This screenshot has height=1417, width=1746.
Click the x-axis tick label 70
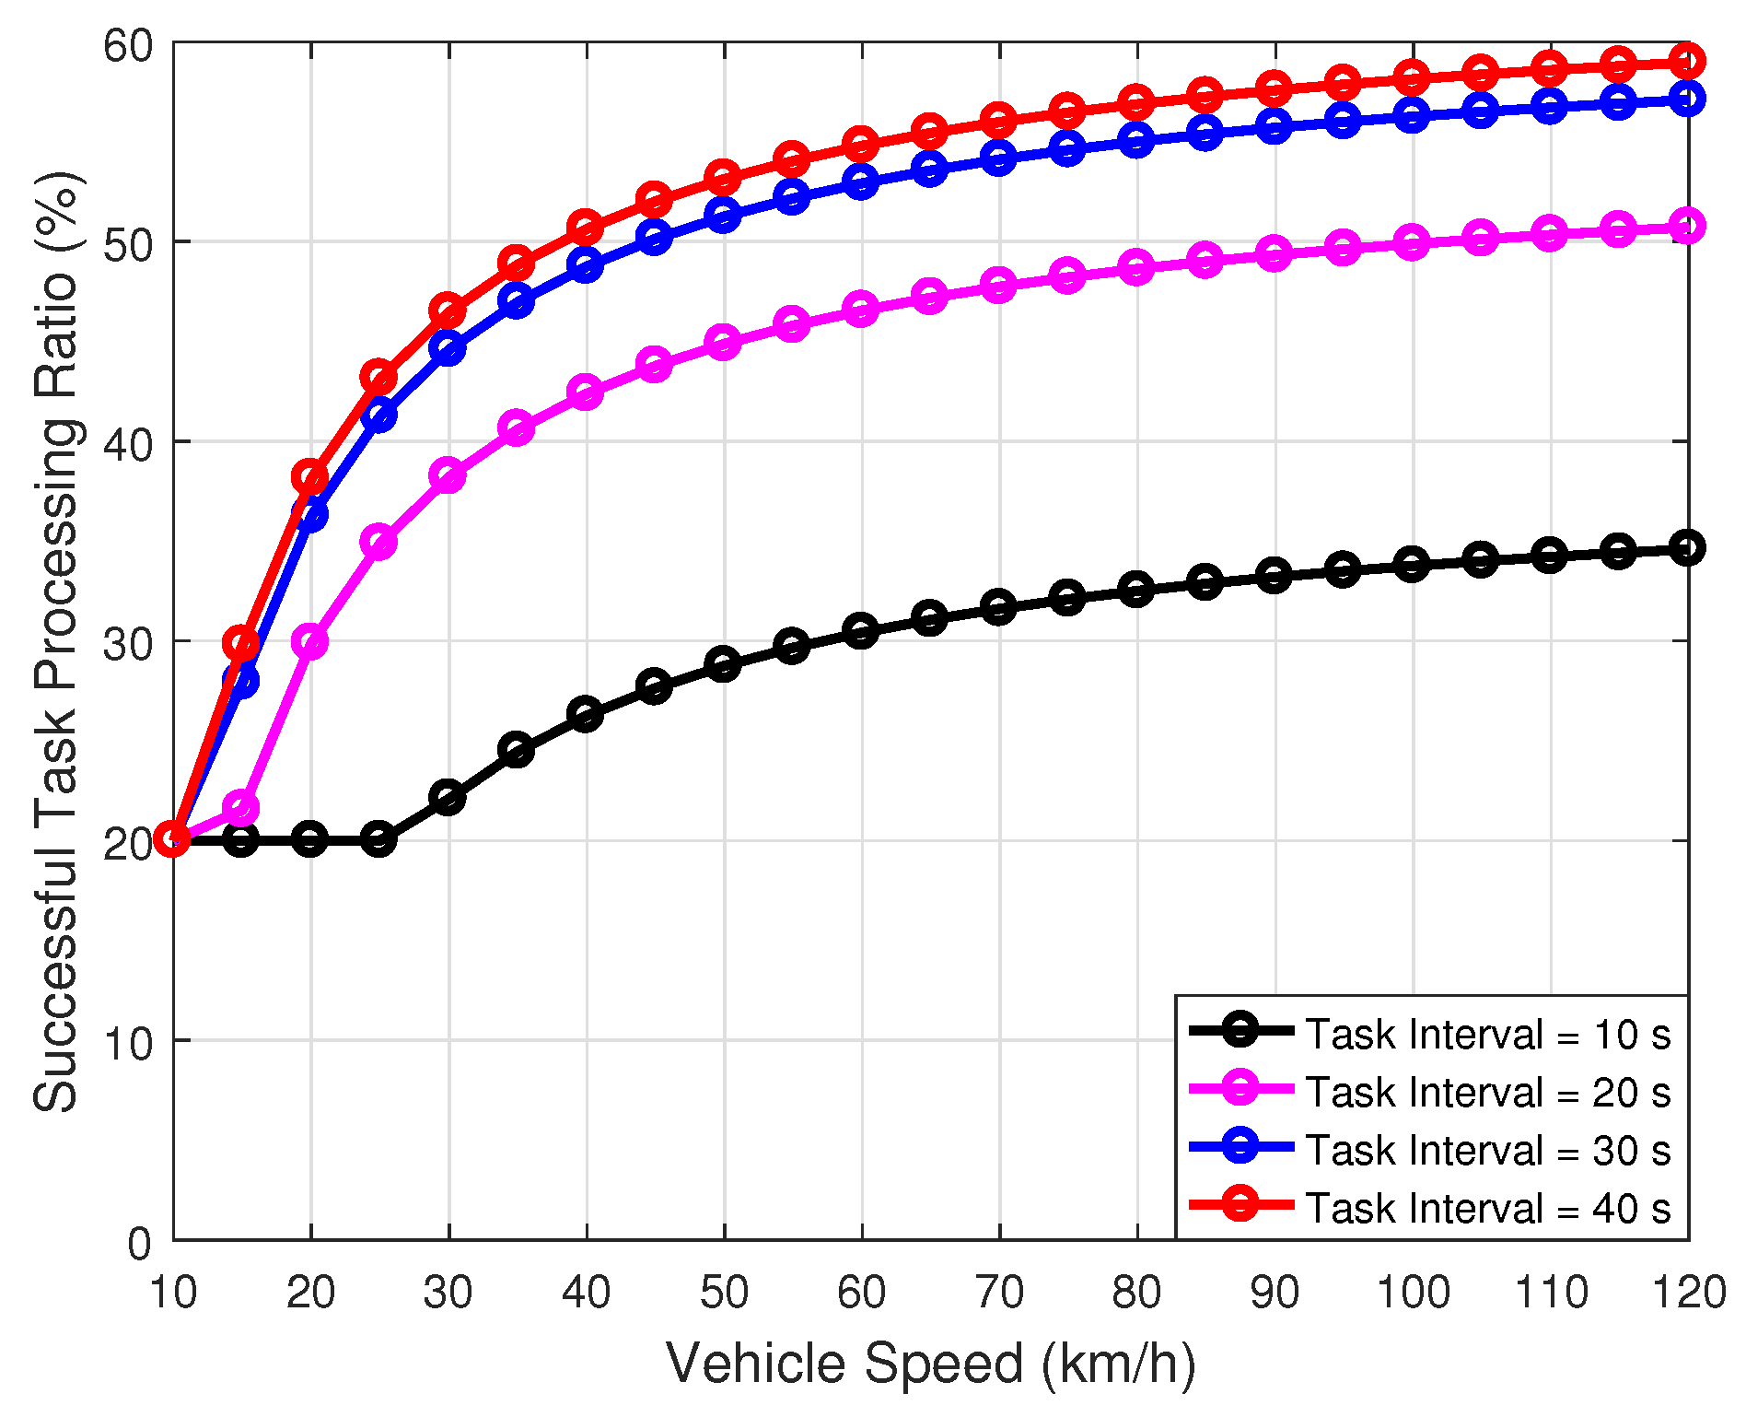999,1293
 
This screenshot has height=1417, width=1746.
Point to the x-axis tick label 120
1688,1293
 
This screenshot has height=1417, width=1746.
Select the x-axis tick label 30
448,1293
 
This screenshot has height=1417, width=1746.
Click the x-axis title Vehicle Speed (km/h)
930,1364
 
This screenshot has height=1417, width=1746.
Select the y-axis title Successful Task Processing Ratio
57,640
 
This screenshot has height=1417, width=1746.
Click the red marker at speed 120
1688,62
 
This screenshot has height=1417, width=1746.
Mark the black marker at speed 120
1688,548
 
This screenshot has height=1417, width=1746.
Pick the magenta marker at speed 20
310,641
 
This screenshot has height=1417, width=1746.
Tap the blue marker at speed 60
861,182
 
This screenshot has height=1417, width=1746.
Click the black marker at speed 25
378,839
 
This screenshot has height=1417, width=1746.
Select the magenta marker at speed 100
1412,243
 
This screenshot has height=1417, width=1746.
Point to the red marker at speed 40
586,227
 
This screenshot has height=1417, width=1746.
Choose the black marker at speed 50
723,664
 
